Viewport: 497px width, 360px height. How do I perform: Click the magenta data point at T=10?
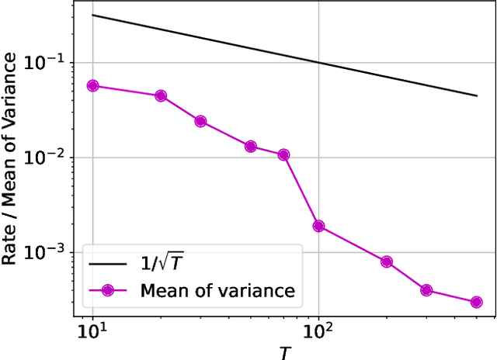92,86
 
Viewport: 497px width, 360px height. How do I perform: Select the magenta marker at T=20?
161,96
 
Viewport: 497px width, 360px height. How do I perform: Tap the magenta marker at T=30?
200,122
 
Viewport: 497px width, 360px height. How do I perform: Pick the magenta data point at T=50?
250,147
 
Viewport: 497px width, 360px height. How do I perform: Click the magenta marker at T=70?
283,155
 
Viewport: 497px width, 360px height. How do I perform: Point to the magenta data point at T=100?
318,227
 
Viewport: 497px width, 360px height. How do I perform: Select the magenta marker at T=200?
386,262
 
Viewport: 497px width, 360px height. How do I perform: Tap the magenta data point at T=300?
426,290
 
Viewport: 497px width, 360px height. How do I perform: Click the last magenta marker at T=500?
476,302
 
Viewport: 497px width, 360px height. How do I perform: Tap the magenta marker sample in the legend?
108,291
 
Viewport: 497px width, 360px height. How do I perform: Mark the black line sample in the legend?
108,265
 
